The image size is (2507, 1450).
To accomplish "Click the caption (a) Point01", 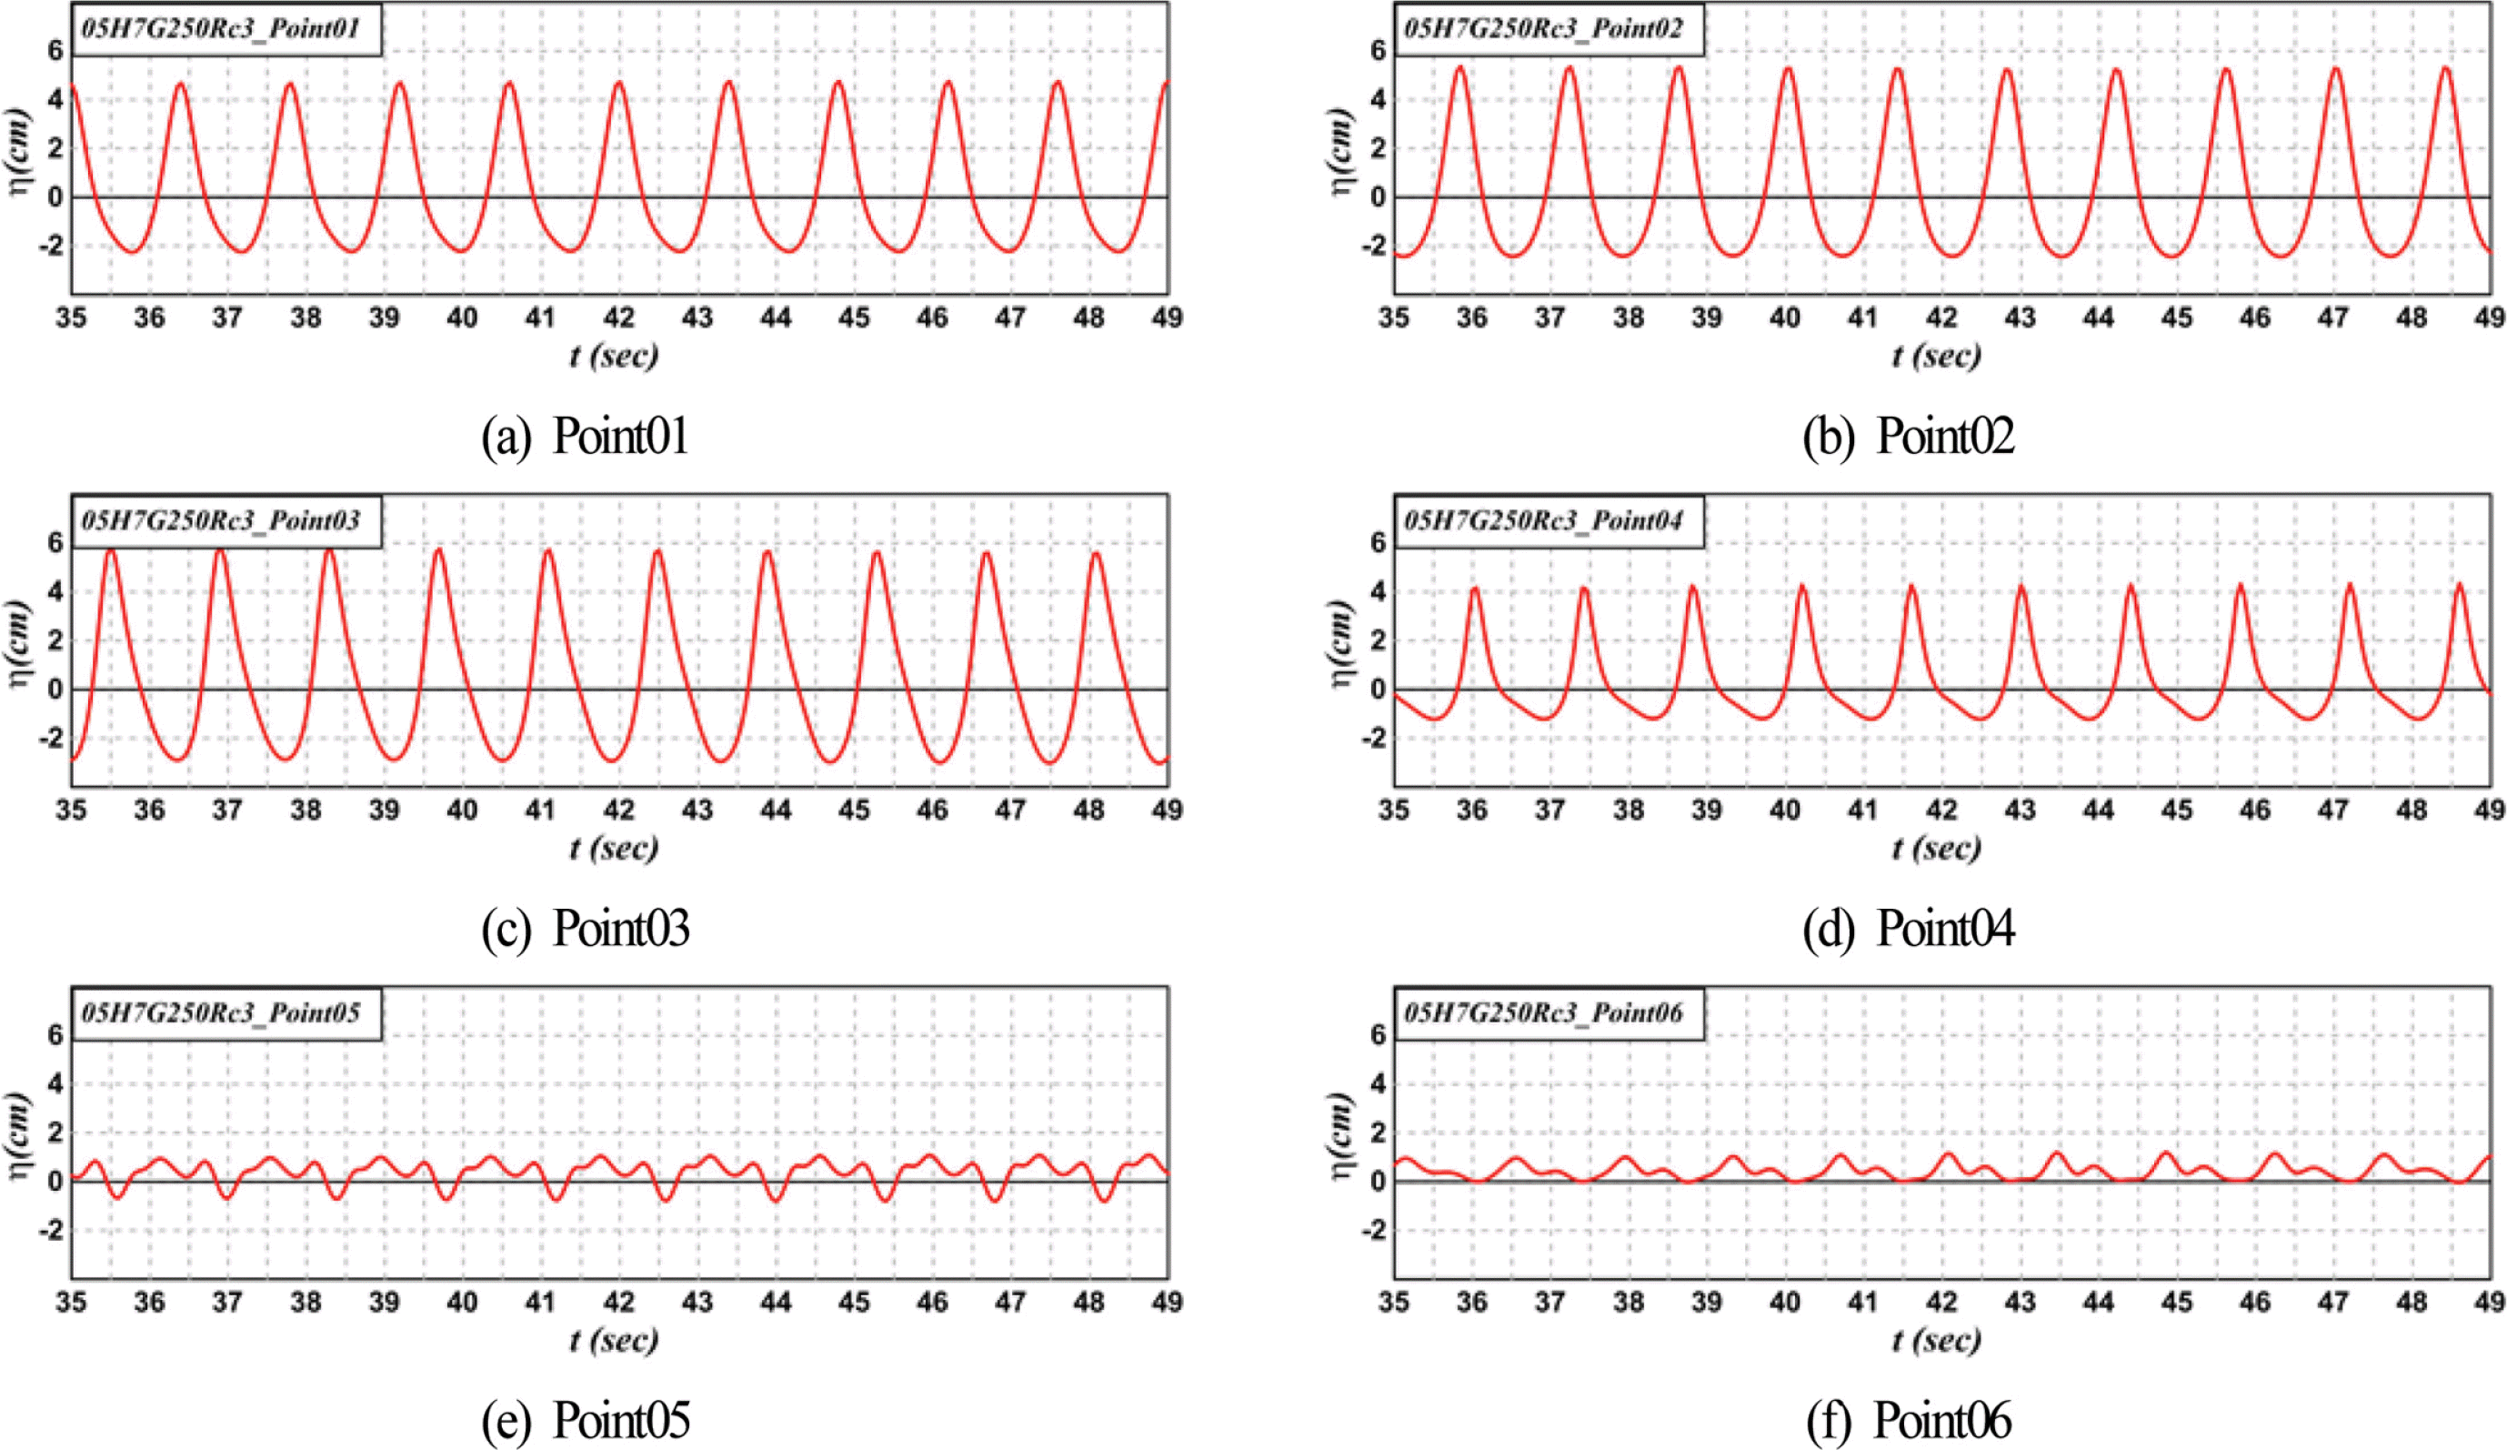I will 585,436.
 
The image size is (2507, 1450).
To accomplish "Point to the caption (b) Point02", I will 1908,436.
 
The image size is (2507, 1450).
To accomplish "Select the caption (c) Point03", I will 585,928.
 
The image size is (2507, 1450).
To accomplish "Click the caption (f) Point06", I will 1908,1420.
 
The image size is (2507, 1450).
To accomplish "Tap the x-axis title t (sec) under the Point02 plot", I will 1936,356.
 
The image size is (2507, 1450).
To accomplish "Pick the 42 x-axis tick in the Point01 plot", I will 618,317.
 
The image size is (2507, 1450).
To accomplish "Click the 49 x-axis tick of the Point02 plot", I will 2489,317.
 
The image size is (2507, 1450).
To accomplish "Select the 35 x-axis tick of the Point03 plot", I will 71,811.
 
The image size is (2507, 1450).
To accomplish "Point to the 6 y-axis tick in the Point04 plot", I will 1377,542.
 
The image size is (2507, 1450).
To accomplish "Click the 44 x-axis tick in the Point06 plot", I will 2098,1302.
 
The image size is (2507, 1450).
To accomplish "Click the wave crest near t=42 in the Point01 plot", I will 618,82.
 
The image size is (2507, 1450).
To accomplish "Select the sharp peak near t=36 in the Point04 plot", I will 1474,589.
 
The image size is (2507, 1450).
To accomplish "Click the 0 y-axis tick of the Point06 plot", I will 1378,1182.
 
